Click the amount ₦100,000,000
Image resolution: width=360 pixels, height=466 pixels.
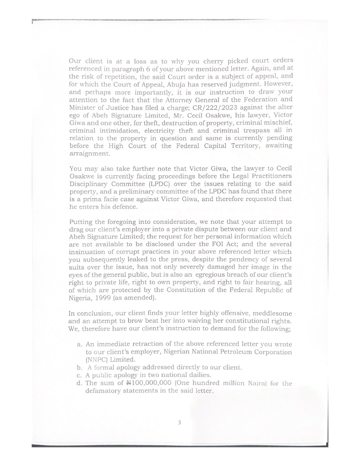tap(149, 383)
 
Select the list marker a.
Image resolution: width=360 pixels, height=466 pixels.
tap(80, 345)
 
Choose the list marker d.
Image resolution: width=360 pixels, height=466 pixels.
tap(79, 383)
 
